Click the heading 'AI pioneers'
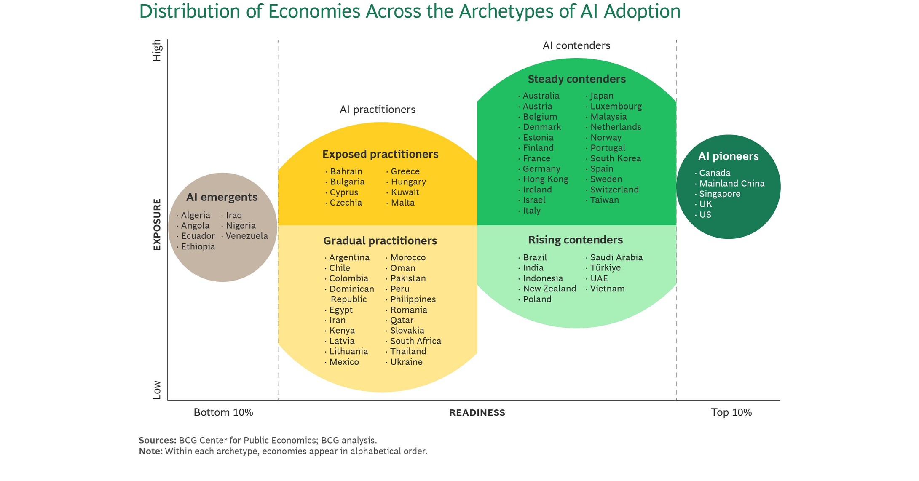click(728, 156)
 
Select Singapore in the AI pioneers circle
click(720, 194)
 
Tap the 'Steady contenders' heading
click(576, 79)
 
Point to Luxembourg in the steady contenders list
click(616, 106)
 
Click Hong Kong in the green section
click(545, 179)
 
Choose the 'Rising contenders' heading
click(575, 240)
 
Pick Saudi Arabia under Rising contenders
click(616, 257)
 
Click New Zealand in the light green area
click(549, 289)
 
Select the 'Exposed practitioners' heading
click(380, 154)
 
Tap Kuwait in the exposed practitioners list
click(405, 192)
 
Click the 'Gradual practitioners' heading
click(380, 241)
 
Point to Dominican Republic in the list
click(351, 294)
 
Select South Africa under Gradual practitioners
click(415, 341)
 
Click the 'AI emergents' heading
click(222, 197)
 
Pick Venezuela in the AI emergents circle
click(246, 236)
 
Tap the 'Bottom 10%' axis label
click(223, 412)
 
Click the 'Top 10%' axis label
click(731, 412)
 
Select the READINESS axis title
click(477, 413)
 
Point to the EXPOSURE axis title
click(157, 224)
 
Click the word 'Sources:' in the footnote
click(158, 440)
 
